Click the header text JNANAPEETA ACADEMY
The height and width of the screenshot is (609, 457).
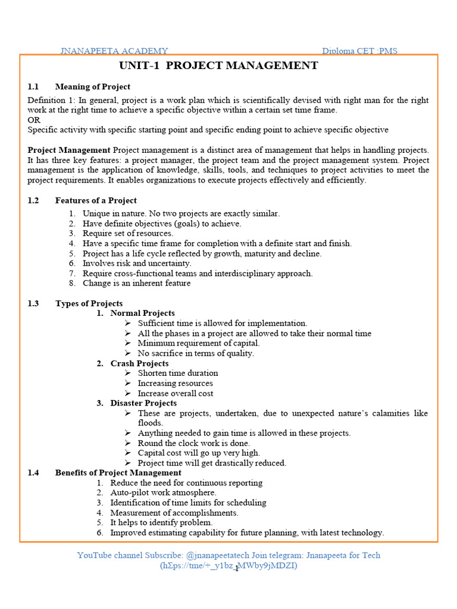(x=114, y=51)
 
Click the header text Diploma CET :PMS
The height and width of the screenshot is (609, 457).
(x=359, y=51)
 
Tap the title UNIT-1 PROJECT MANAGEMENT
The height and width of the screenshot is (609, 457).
(x=218, y=65)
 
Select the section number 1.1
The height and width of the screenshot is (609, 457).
(x=33, y=86)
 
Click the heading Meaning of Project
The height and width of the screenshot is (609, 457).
(x=92, y=86)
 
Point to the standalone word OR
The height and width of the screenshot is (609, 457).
(x=34, y=120)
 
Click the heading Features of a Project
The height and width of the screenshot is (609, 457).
(x=96, y=200)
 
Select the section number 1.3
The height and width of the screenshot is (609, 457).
(x=33, y=303)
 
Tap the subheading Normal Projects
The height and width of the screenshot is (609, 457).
(x=143, y=313)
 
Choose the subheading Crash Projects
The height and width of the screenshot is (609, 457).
(x=139, y=363)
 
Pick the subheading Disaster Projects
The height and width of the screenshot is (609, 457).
(x=143, y=403)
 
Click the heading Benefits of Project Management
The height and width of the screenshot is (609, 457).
(x=118, y=473)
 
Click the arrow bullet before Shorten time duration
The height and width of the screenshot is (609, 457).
(x=128, y=373)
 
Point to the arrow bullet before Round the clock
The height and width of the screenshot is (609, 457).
(x=128, y=443)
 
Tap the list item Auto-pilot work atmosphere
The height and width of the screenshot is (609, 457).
(x=164, y=492)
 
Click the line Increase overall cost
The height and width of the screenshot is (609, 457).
(x=176, y=393)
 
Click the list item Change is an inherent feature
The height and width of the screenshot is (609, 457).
(x=137, y=283)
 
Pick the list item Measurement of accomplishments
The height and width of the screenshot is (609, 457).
(x=174, y=513)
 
